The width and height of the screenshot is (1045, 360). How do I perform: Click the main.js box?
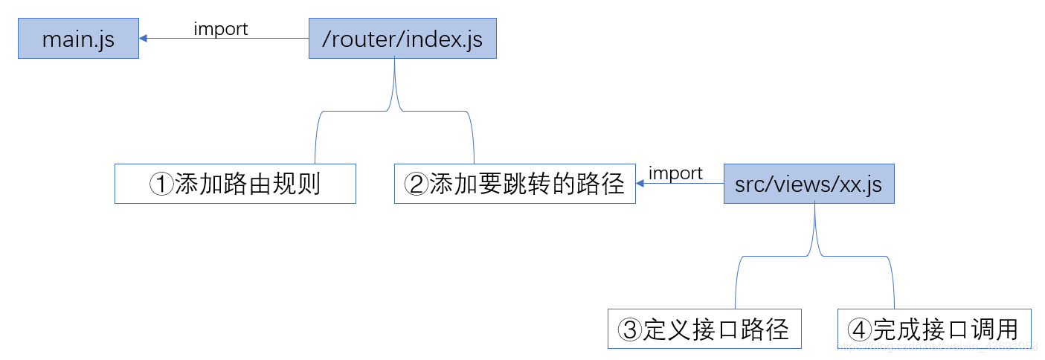coord(78,39)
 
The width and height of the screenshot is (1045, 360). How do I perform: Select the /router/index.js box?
coord(402,39)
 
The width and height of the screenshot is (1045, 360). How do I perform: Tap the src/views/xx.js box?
coord(808,184)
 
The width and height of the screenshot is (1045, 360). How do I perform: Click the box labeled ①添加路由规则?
coord(235,184)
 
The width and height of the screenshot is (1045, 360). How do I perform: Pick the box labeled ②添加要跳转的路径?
coord(515,184)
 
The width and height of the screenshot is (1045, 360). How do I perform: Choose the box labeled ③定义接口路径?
coord(704,329)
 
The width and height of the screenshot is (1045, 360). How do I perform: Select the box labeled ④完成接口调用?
coord(934,329)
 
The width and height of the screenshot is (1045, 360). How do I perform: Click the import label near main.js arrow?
coord(221,29)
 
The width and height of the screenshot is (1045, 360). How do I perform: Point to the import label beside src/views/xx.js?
coord(675,173)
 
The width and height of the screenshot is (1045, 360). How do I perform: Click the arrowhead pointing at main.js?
coord(144,39)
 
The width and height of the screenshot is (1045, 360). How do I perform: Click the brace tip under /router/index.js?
coord(395,61)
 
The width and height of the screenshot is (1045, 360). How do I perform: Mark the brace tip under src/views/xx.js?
coord(815,206)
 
